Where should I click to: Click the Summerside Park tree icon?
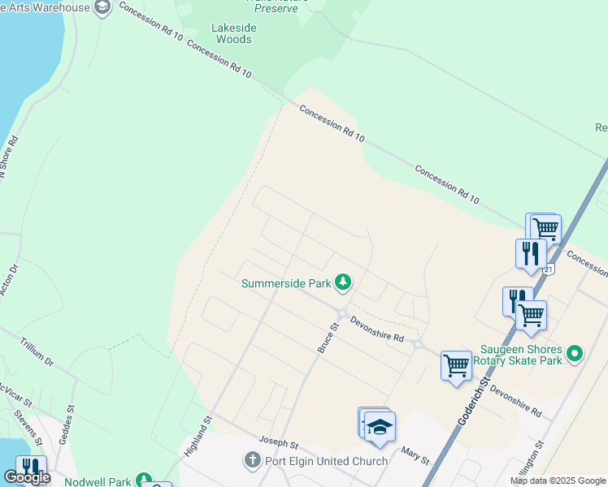(x=344, y=282)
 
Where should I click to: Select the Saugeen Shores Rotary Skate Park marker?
(x=575, y=353)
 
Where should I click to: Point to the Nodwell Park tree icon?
(x=144, y=481)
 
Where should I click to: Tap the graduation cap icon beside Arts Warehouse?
(x=102, y=8)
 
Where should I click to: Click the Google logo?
(x=27, y=478)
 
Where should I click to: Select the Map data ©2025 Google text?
(x=557, y=481)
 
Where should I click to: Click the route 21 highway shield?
(x=549, y=269)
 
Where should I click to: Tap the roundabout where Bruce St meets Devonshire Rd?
(x=342, y=313)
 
